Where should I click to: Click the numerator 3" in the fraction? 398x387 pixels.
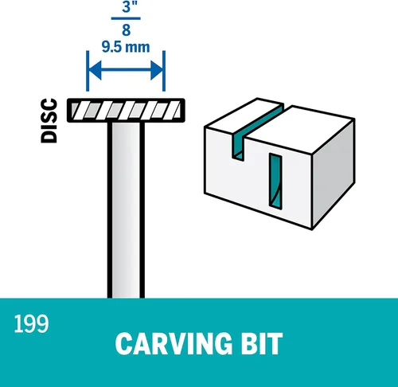[x=127, y=6]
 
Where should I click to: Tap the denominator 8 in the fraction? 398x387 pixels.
[x=127, y=29]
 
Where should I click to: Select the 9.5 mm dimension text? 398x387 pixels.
[x=126, y=47]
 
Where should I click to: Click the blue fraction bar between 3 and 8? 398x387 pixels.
[x=126, y=18]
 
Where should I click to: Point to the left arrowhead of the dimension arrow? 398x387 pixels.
[x=95, y=70]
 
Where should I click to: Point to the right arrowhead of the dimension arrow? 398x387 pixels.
[x=157, y=70]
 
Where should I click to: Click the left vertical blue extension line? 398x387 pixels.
[x=88, y=71]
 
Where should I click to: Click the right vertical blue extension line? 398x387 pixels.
[x=164, y=71]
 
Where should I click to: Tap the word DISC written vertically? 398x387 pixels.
[x=49, y=121]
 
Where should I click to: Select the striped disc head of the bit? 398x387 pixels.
[x=126, y=111]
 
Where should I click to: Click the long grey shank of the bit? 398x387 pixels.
[x=126, y=209]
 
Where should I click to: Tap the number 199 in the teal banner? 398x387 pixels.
[x=31, y=323]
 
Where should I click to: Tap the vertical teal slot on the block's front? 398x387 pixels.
[x=275, y=182]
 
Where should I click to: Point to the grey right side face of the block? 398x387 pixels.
[x=334, y=174]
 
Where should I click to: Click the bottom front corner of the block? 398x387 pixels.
[x=312, y=229]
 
